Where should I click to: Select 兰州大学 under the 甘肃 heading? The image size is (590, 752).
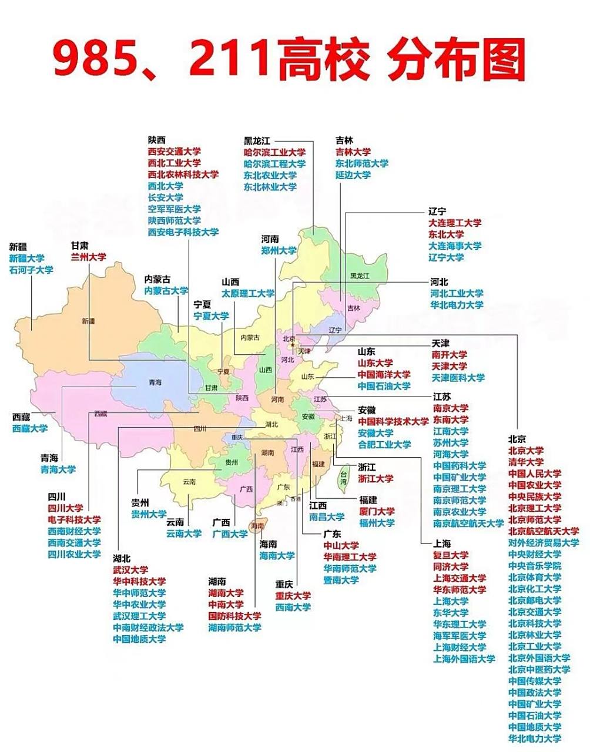coord(88,257)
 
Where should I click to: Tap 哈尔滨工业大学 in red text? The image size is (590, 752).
coord(274,152)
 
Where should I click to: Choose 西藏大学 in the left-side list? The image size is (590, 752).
coord(30,428)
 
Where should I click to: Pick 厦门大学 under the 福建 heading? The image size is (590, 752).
coord(377,511)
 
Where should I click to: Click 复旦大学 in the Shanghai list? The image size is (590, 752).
coord(451,555)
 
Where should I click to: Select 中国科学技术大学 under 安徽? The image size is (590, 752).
coord(393,421)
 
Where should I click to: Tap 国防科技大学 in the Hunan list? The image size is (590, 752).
coord(234,616)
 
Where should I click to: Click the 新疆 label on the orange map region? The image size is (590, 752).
coord(88,321)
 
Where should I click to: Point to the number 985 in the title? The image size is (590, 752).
coord(100,59)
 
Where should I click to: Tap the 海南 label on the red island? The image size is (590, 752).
coord(257,526)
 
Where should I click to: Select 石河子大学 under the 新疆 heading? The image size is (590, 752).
coord(31,270)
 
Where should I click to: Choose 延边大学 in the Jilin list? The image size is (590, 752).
coord(353,175)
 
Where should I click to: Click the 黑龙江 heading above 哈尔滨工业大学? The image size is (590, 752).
coord(257,141)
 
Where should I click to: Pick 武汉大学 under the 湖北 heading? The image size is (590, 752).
coord(130,569)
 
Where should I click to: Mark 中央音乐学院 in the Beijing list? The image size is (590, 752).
coord(534,566)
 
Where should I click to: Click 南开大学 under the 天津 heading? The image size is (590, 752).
coord(449,354)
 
